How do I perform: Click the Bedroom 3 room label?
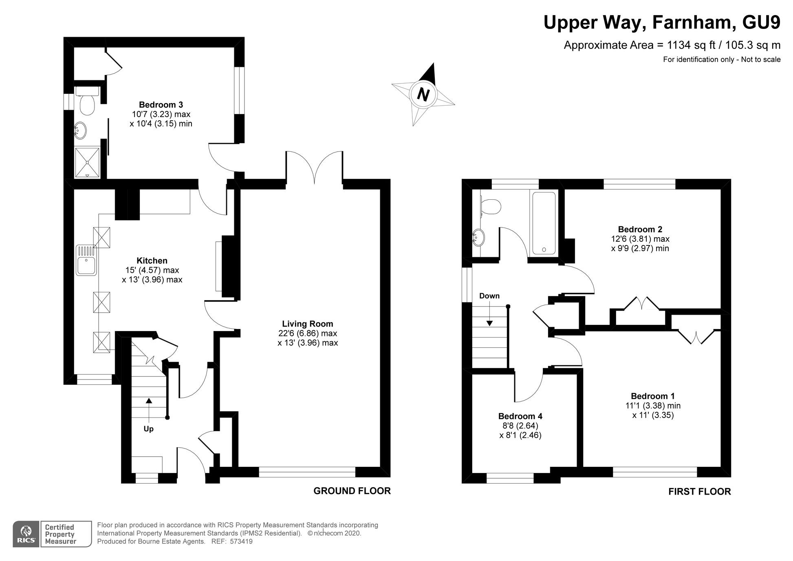pyautogui.click(x=161, y=105)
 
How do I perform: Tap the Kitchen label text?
pyautogui.click(x=152, y=261)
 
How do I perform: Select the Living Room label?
pyautogui.click(x=308, y=324)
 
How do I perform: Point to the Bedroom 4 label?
pyautogui.click(x=520, y=416)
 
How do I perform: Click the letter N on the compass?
pyautogui.click(x=423, y=95)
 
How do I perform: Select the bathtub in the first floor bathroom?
pyautogui.click(x=544, y=223)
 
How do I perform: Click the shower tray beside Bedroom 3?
pyautogui.click(x=87, y=162)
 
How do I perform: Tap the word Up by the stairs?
pyautogui.click(x=149, y=429)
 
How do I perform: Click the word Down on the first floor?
pyautogui.click(x=489, y=296)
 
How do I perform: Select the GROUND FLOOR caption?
pyautogui.click(x=352, y=491)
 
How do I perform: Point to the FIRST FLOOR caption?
pyautogui.click(x=700, y=492)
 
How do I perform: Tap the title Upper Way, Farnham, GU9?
pyautogui.click(x=662, y=22)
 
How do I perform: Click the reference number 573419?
pyautogui.click(x=241, y=541)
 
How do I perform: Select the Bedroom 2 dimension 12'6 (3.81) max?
pyautogui.click(x=640, y=239)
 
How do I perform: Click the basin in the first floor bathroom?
pyautogui.click(x=478, y=237)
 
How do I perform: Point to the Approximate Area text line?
pyautogui.click(x=672, y=45)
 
